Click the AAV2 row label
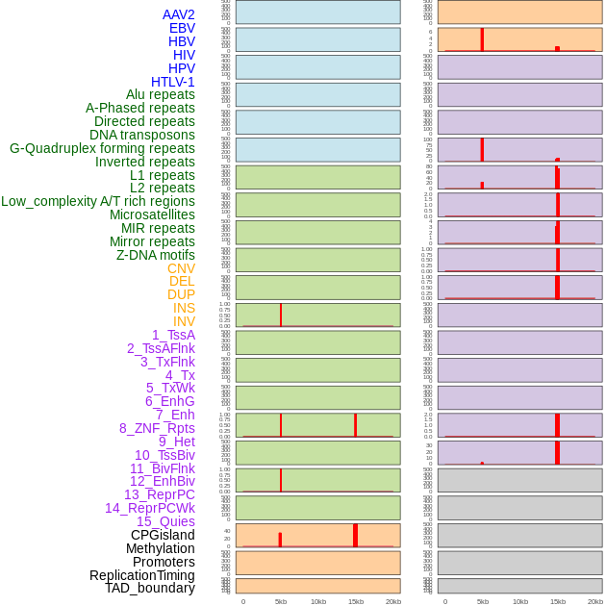coord(178,14)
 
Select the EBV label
coord(182,28)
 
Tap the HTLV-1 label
coord(172,82)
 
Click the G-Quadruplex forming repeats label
coord(102,148)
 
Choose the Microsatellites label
coord(152,215)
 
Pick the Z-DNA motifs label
coord(155,255)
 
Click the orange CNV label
coord(181,268)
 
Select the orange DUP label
coord(181,294)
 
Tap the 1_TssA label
coord(173,335)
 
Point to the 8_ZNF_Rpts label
coord(157,428)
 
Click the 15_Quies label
coord(165,521)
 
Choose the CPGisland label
coord(163,535)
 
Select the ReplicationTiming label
coord(141,575)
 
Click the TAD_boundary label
coord(150,588)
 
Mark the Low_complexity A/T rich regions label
coord(98,201)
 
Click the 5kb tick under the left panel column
coord(281,601)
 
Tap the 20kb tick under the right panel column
coord(595,601)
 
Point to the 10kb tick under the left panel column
coord(318,601)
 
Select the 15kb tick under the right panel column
coord(558,601)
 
